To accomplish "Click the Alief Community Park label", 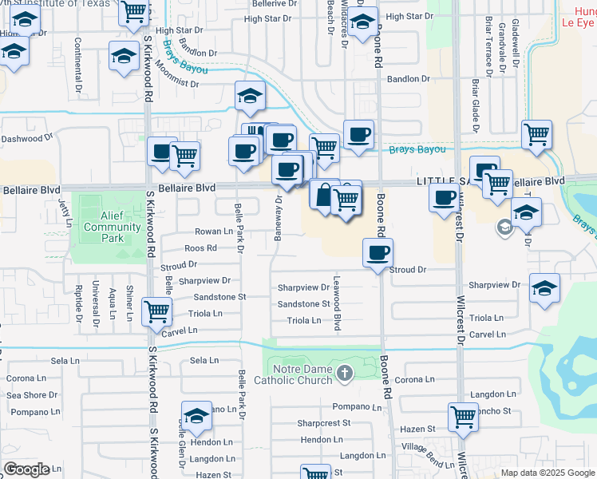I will coord(112,222).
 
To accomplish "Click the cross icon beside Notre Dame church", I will coord(344,373).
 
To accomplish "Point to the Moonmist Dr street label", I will coord(172,82).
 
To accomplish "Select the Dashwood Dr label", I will coord(26,138).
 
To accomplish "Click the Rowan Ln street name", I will coord(214,232).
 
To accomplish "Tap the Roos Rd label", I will coord(200,248).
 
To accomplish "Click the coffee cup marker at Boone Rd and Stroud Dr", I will coord(378,253).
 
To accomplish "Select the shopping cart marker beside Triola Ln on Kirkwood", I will coord(157,311).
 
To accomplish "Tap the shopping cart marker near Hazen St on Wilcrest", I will coord(463,417).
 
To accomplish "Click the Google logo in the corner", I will coord(26,469).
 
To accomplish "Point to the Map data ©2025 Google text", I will coord(547,473).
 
